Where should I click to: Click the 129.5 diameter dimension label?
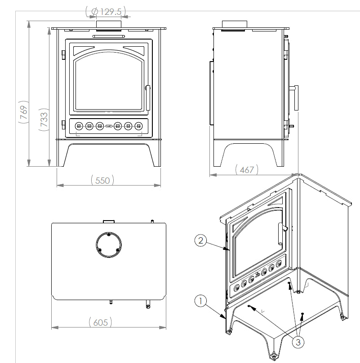106,11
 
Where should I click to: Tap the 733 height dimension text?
44,120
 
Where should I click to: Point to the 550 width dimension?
103,180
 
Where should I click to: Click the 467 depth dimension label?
247,169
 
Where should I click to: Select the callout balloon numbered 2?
201,240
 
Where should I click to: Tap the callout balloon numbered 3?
297,342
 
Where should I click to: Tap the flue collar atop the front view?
109,24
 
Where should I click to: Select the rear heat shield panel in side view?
211,93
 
